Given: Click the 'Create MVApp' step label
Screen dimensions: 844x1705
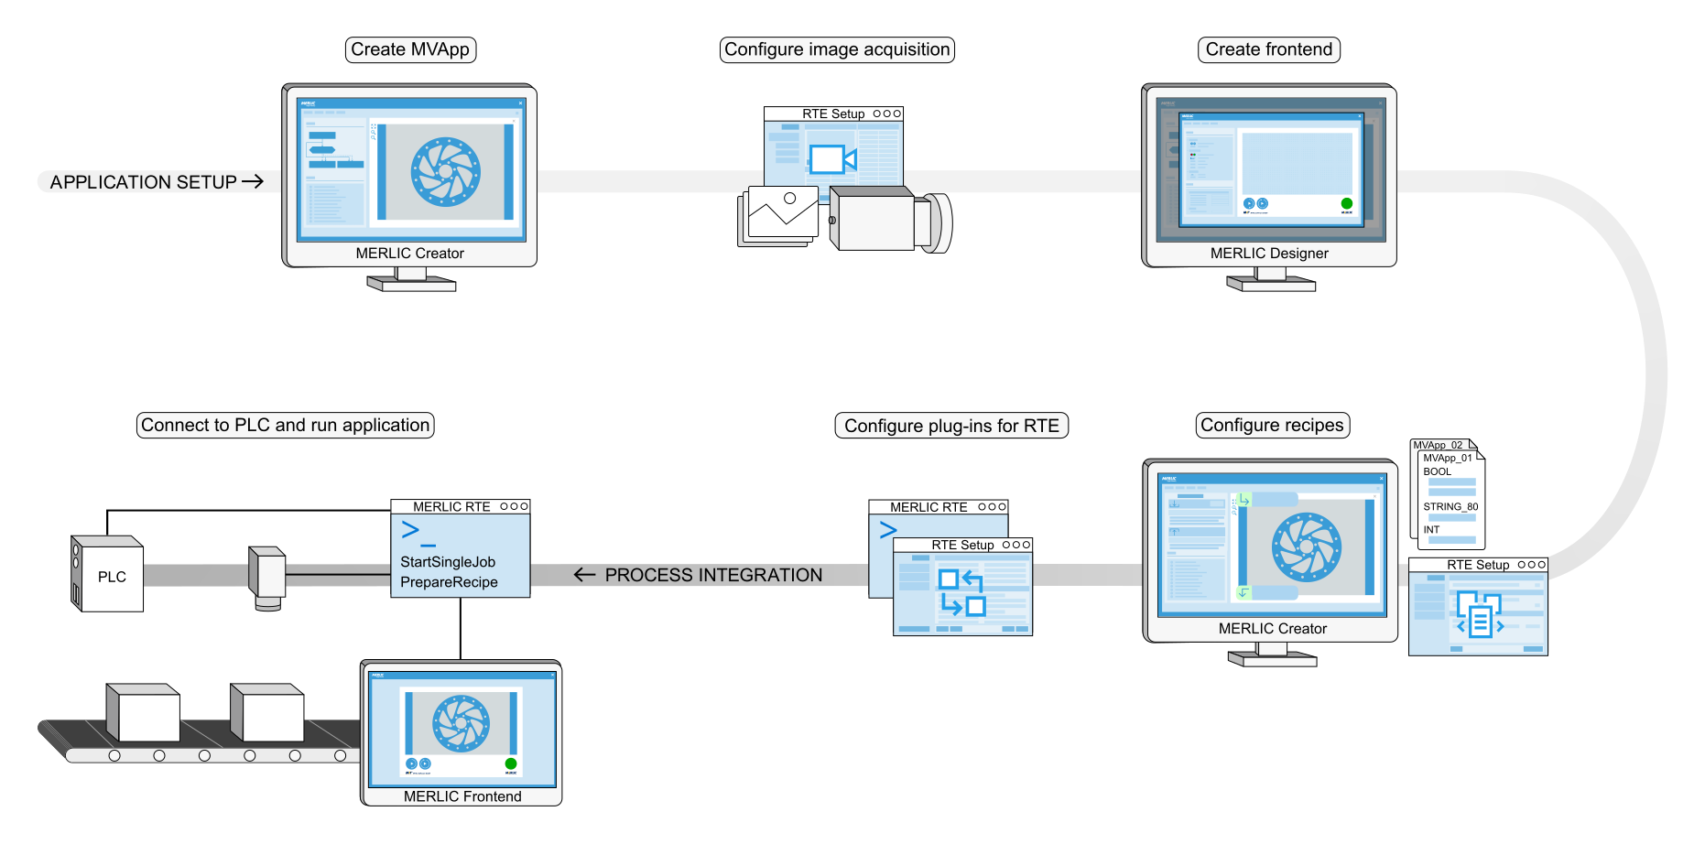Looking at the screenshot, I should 410,49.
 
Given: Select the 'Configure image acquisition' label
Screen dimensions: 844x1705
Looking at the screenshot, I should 837,49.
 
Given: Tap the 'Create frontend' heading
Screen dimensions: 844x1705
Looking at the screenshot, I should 1268,49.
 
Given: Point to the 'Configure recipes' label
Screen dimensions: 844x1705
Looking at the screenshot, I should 1272,425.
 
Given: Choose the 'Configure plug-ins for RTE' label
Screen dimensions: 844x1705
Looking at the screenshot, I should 951,426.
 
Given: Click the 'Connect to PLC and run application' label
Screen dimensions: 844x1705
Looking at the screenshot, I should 285,425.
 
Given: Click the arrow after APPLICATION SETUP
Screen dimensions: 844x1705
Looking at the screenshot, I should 253,181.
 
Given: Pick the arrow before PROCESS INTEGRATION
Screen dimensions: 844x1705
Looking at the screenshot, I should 584,575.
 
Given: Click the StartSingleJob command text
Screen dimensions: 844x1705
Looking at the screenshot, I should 448,562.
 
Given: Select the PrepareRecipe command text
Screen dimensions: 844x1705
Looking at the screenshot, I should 449,582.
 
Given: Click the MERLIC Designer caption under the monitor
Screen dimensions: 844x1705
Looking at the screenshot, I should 1269,254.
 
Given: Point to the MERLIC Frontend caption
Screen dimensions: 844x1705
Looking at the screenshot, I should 462,796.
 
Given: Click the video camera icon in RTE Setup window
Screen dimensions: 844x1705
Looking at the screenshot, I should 831,160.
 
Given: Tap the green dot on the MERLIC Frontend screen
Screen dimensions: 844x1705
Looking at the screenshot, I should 511,763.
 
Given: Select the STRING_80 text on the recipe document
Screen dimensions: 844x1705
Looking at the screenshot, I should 1450,506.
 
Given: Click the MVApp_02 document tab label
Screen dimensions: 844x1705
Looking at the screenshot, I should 1438,445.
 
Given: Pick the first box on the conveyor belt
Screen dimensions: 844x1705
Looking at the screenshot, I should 145,714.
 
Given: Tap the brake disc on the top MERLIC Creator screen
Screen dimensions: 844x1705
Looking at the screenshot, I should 446,172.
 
